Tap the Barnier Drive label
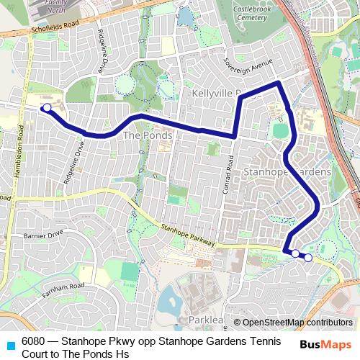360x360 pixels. (43, 234)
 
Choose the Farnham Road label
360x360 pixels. (62, 287)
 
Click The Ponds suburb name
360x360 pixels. (148, 135)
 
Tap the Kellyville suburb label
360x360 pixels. (216, 94)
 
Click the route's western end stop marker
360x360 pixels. (47, 108)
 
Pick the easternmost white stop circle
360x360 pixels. (308, 257)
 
